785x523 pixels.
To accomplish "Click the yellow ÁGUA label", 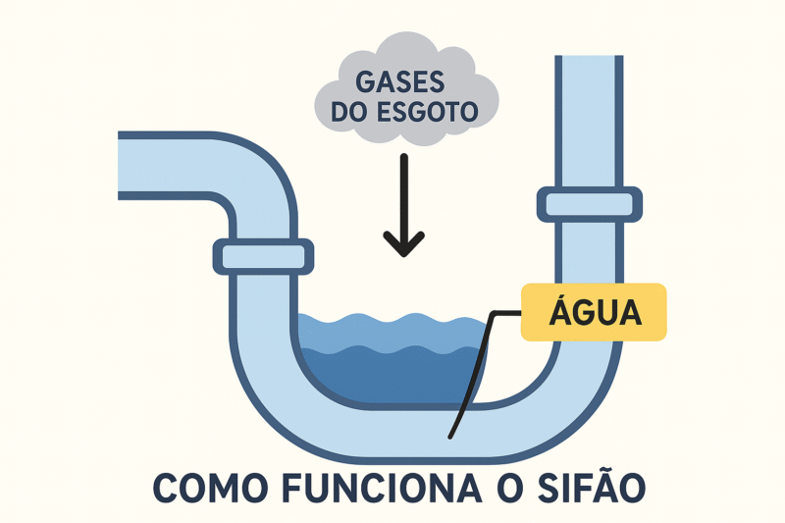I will click(594, 313).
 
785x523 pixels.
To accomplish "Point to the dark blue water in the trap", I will click(392, 378).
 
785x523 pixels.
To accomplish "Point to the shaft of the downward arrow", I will click(403, 191).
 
